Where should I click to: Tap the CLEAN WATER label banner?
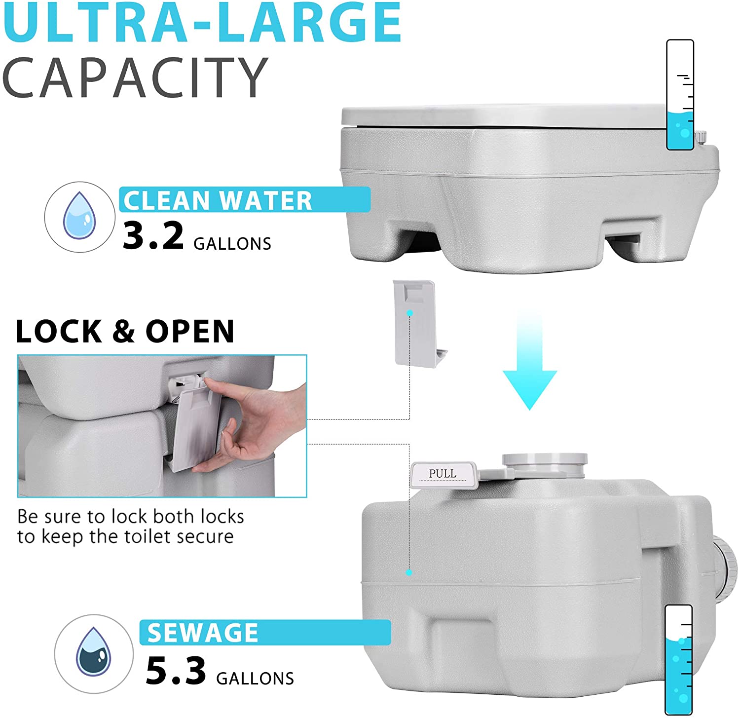point(245,200)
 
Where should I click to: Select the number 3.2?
point(153,236)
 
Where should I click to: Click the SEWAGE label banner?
point(265,632)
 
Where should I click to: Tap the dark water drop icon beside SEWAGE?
point(93,652)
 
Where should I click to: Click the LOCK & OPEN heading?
point(125,331)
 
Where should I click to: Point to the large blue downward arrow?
point(529,360)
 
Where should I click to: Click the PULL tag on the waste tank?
point(443,474)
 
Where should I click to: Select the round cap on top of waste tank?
point(545,465)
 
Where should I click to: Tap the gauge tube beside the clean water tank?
point(680,95)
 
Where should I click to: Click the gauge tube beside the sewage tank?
point(679,660)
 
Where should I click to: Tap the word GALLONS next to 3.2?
point(232,243)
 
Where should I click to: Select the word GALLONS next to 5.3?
point(255,678)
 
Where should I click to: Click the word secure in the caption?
point(205,536)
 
